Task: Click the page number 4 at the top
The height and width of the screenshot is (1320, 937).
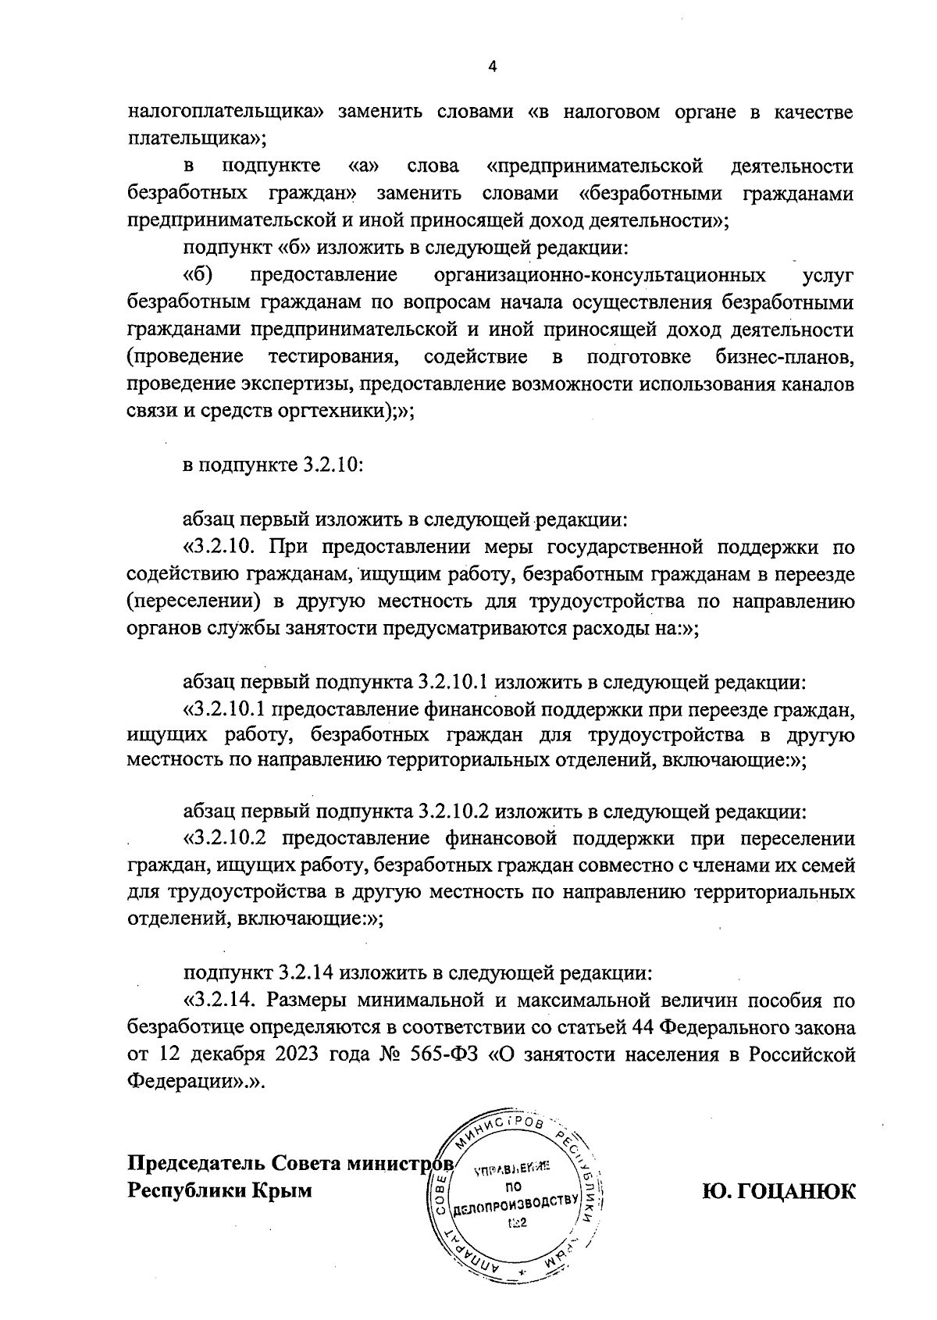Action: click(x=492, y=66)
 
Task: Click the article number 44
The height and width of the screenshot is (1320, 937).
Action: click(x=631, y=1027)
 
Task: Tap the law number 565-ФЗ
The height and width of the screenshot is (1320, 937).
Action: click(x=445, y=1054)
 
